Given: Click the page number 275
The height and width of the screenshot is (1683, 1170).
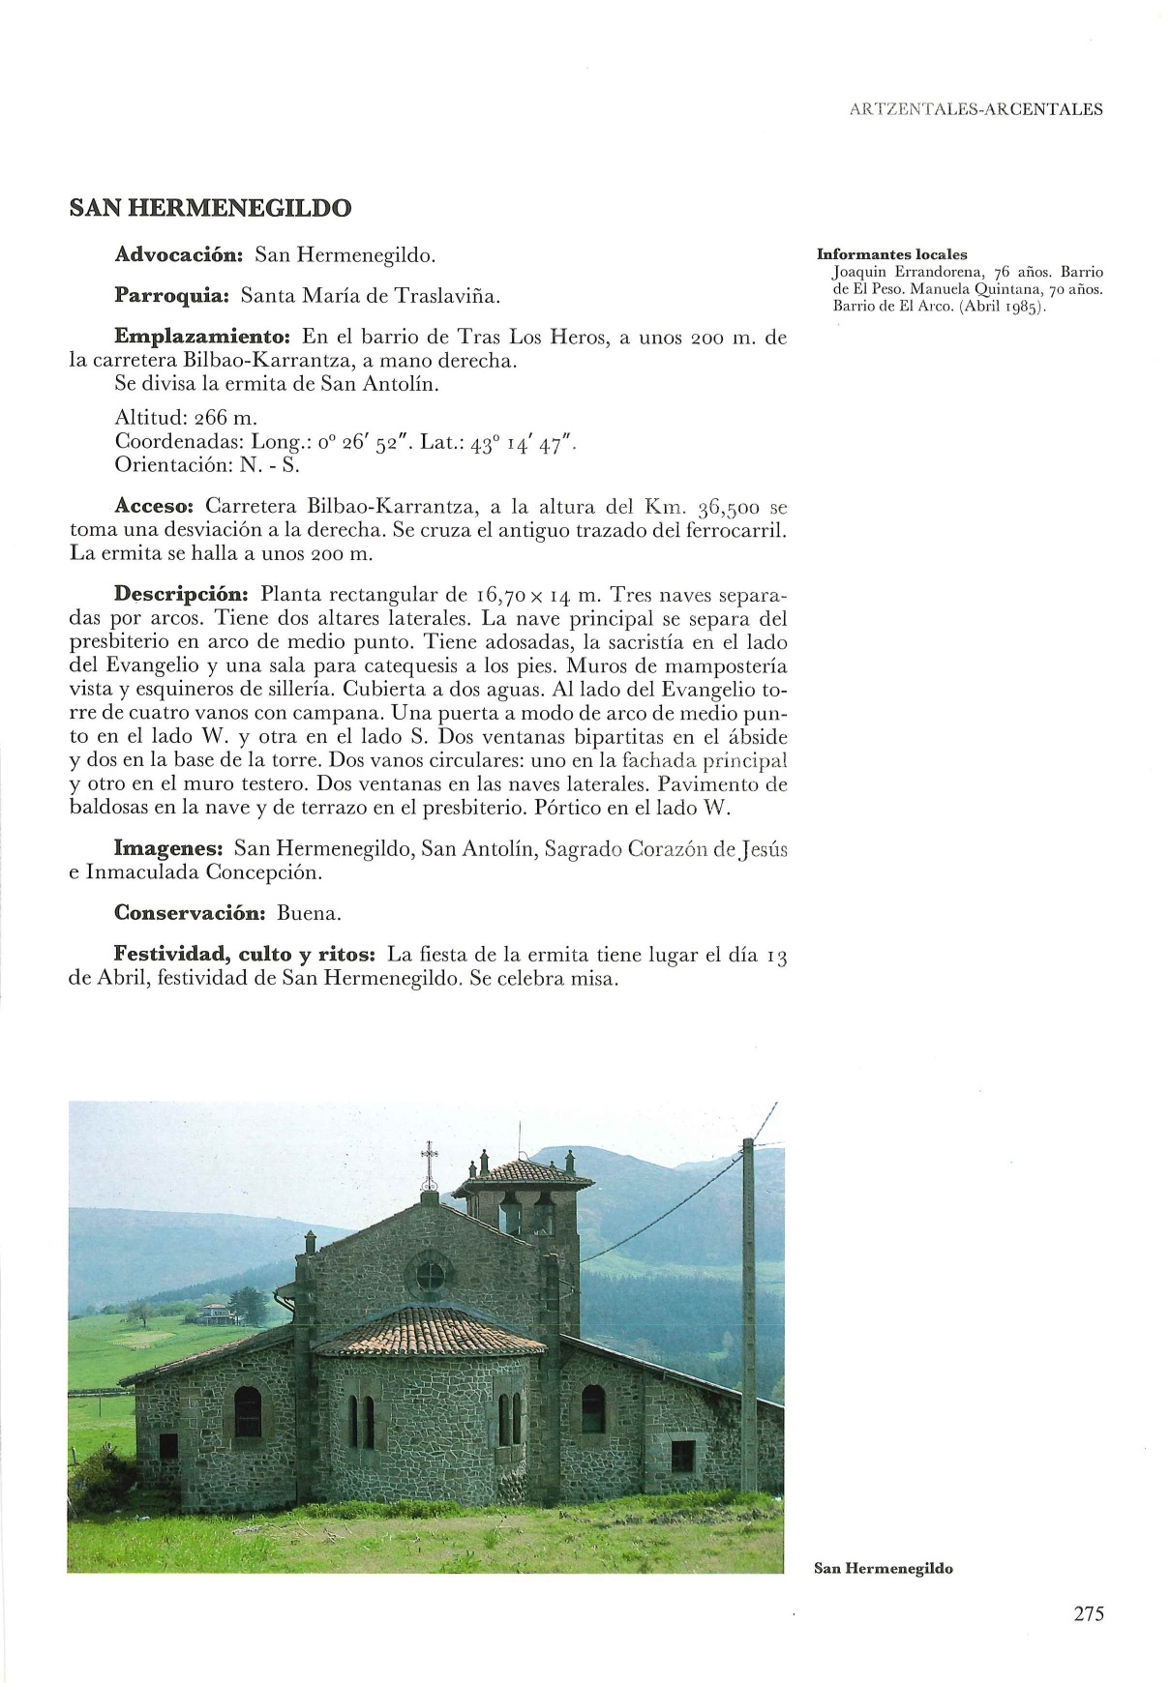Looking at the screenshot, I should (1088, 1613).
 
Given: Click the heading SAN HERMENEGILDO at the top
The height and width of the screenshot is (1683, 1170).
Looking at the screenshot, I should (210, 208).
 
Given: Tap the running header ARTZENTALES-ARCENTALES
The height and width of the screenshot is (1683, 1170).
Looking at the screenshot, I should (975, 109).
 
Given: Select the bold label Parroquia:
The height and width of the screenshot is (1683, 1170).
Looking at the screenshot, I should (170, 295).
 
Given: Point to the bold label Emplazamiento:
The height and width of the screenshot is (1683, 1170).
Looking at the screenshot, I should (202, 337).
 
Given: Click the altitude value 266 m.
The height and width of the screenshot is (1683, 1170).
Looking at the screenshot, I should (225, 418).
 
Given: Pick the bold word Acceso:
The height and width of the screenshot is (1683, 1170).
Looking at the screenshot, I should (155, 506).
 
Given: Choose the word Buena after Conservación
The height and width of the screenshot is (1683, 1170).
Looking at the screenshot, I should (309, 912).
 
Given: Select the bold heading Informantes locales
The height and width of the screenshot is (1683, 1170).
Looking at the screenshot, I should (891, 254).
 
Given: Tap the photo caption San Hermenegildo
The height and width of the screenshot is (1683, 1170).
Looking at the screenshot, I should (884, 1568).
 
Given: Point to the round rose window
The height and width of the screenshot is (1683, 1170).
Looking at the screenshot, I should (430, 1276).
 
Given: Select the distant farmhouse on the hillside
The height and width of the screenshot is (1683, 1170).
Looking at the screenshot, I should (217, 1313).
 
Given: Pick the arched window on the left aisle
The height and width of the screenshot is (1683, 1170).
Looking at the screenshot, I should (248, 1411).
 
